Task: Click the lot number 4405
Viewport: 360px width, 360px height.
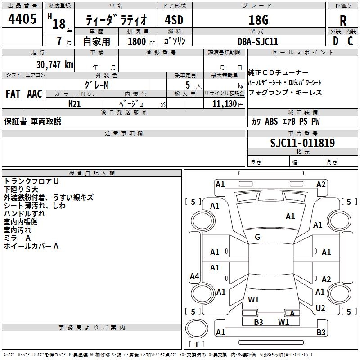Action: [x=22, y=18]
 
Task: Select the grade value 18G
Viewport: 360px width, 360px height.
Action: [x=258, y=20]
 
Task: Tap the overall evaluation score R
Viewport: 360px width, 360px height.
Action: [x=343, y=21]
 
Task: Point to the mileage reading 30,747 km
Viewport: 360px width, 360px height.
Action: [x=55, y=64]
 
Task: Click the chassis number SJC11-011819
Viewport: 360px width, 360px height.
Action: [x=302, y=143]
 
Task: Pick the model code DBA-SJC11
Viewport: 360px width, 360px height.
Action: [x=258, y=41]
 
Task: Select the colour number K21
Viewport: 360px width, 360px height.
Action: [x=74, y=104]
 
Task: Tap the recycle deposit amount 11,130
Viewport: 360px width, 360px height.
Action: [x=225, y=104]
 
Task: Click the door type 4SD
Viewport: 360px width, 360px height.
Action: [x=174, y=20]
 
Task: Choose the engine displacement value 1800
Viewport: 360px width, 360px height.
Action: [x=137, y=41]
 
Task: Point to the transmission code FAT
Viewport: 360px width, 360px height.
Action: [x=13, y=94]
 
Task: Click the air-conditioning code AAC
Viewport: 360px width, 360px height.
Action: [x=35, y=94]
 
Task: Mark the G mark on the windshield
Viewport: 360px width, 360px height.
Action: [x=257, y=237]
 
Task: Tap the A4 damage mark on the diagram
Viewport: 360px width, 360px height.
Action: [x=194, y=276]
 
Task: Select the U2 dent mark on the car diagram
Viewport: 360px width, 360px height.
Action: [x=320, y=308]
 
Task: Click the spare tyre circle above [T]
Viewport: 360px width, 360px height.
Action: [x=197, y=328]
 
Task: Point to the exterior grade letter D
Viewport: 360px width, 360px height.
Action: [x=336, y=41]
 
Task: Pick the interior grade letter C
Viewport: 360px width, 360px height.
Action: [x=350, y=41]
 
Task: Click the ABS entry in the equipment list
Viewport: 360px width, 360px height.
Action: [x=271, y=121]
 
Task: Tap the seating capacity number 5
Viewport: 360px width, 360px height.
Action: [x=188, y=85]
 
